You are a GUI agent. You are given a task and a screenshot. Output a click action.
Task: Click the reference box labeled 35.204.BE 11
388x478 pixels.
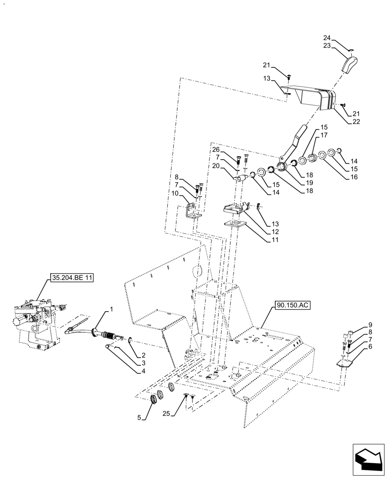[71, 277]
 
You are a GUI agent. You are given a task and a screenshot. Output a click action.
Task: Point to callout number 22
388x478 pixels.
[355, 121]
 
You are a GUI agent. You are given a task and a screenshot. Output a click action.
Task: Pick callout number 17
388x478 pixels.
[324, 135]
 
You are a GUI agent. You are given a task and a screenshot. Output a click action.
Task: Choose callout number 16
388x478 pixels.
[354, 177]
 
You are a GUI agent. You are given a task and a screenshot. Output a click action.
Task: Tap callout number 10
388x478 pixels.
[177, 193]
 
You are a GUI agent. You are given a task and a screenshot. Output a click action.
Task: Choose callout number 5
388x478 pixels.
[140, 417]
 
